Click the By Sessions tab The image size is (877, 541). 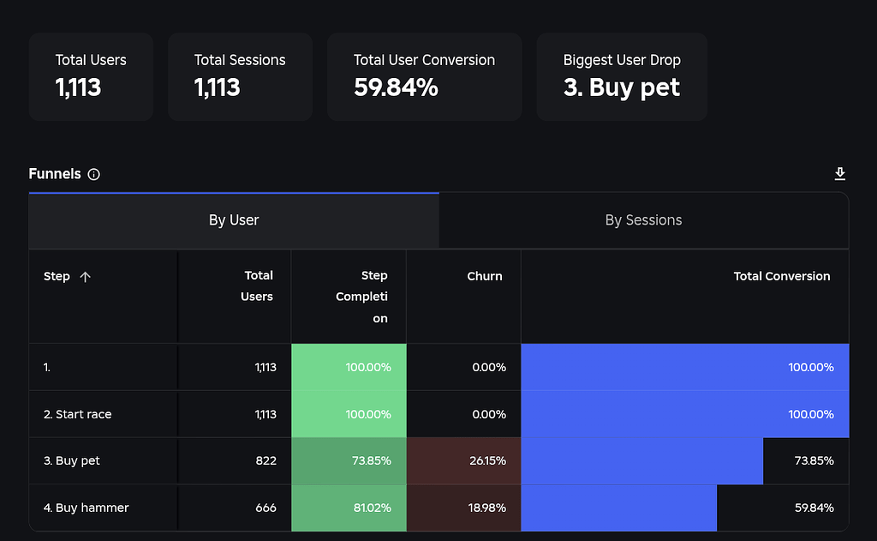tap(643, 220)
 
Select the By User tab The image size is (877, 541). tap(234, 220)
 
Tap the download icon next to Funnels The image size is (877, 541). tap(839, 174)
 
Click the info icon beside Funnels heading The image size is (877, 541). tap(94, 174)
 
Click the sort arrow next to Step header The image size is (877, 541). tap(85, 276)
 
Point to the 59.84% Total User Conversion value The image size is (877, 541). tap(396, 87)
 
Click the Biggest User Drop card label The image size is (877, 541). tap(622, 60)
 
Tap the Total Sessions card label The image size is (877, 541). tap(240, 60)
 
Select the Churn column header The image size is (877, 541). tap(485, 276)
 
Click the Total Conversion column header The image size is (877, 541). tap(781, 276)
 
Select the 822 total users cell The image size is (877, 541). tap(265, 460)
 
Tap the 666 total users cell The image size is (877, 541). tap(265, 508)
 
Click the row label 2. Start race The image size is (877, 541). tap(78, 414)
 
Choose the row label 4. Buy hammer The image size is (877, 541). tap(87, 508)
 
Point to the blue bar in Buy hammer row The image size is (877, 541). tap(618, 508)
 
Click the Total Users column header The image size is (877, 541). tap(257, 286)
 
